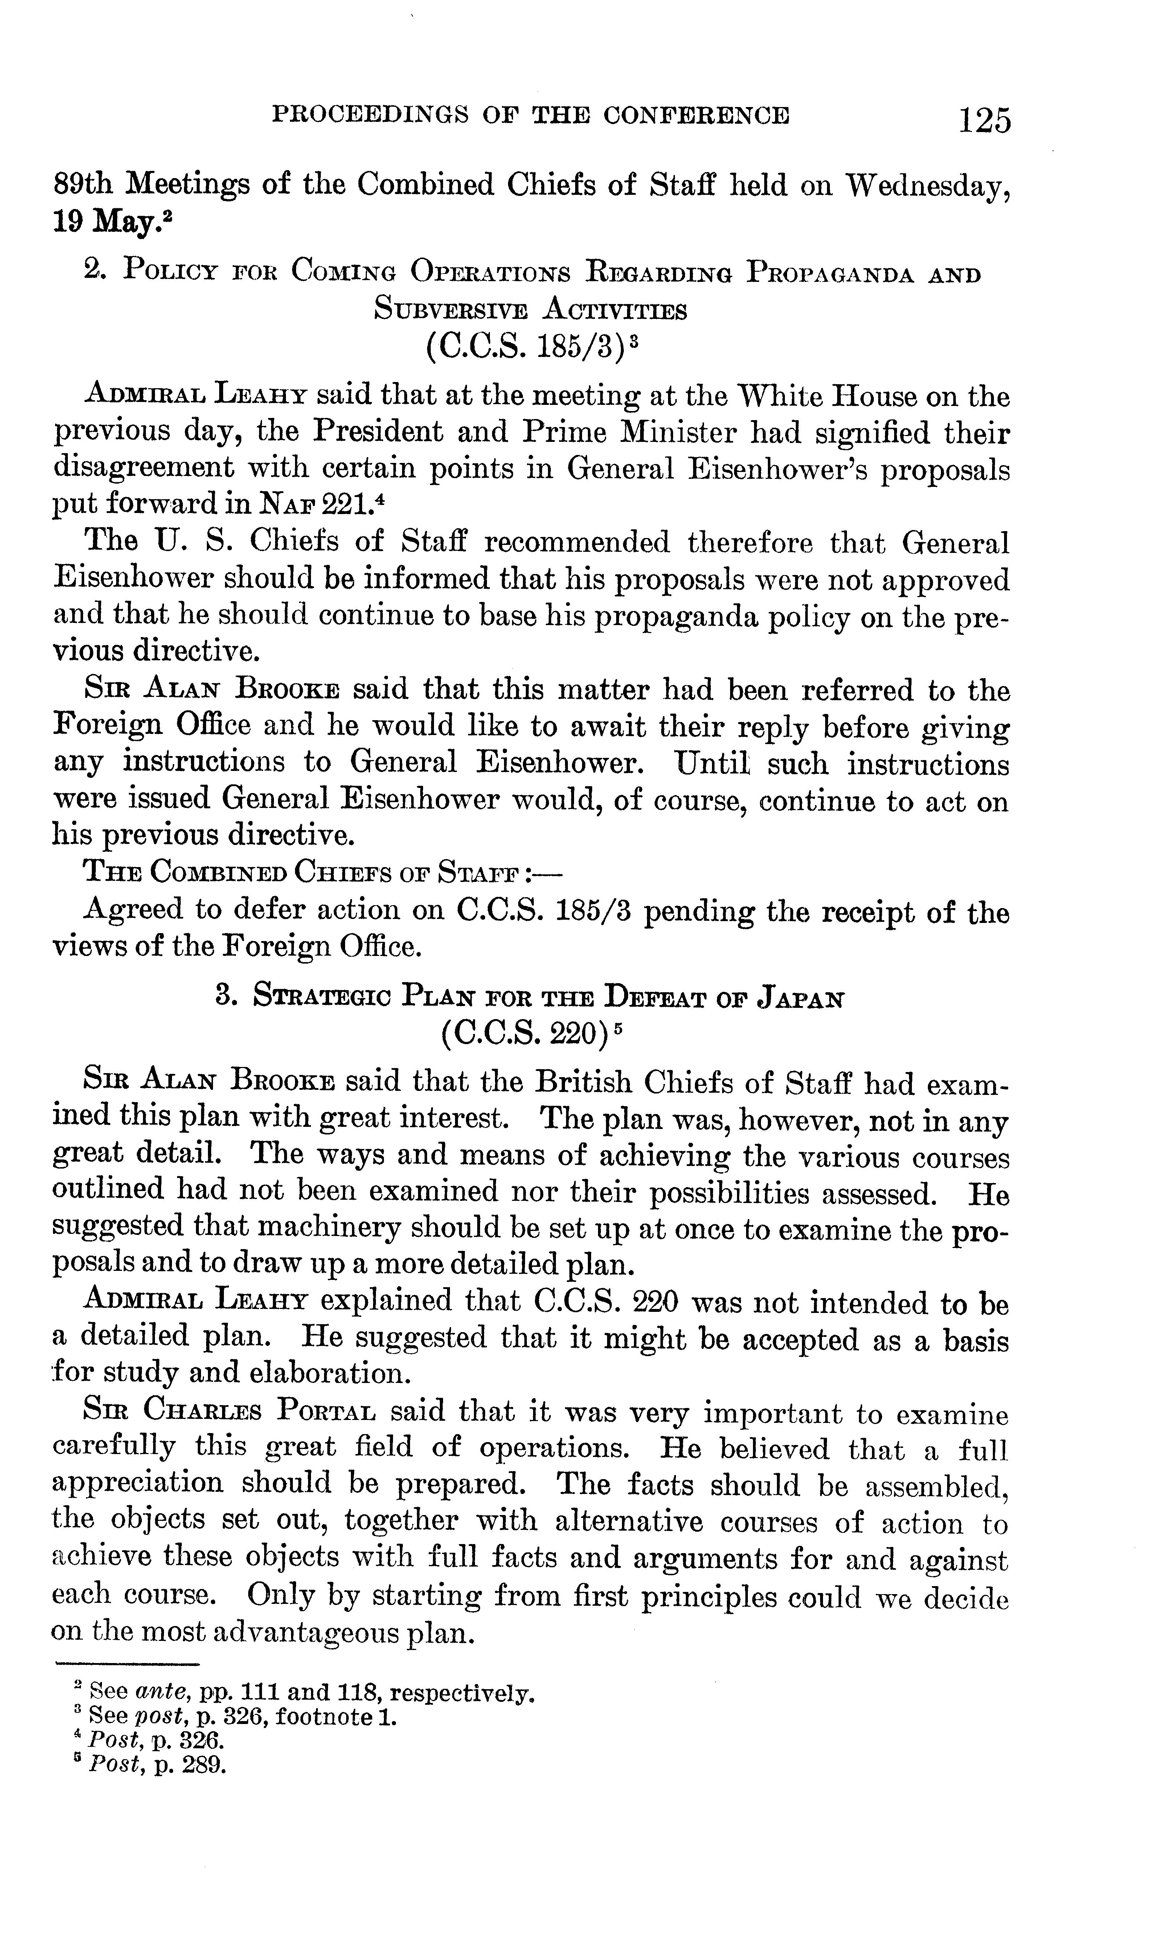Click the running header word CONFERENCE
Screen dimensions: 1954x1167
[x=696, y=115]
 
